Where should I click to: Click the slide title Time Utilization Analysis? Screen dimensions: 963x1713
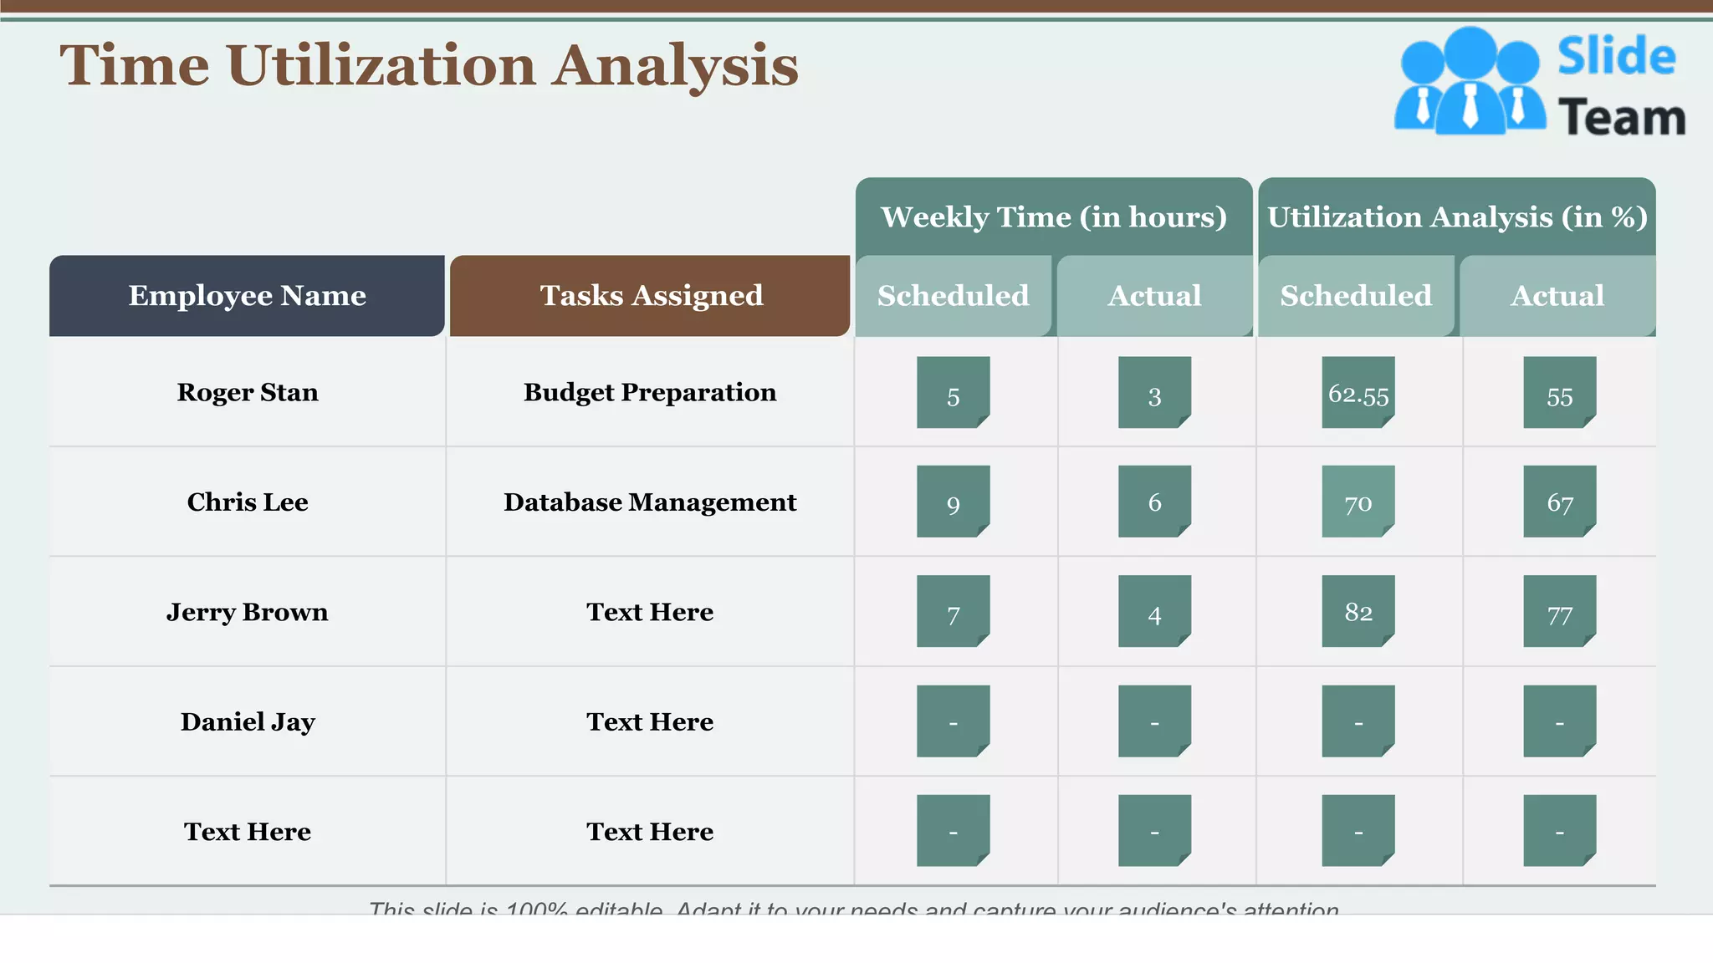pyautogui.click(x=428, y=65)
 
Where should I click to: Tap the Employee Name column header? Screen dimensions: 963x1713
pyautogui.click(x=247, y=296)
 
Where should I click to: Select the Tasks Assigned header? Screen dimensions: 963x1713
pyautogui.click(x=650, y=296)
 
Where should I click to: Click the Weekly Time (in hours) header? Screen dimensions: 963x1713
pyautogui.click(x=1053, y=217)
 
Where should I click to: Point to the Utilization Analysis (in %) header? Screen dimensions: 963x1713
pyautogui.click(x=1456, y=217)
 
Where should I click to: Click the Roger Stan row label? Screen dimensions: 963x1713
pyautogui.click(x=247, y=392)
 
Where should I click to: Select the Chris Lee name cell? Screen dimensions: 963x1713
pyautogui.click(x=247, y=502)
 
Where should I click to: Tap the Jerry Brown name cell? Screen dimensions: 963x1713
pyautogui.click(x=247, y=612)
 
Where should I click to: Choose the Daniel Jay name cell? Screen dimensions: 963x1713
pyautogui.click(x=247, y=721)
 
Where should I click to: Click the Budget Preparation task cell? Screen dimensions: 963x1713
pyautogui.click(x=650, y=392)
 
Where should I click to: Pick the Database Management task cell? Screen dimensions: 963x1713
pyautogui.click(x=650, y=502)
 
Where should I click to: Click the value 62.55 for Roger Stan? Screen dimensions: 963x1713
pyautogui.click(x=1358, y=394)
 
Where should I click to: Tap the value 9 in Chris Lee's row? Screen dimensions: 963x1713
pyautogui.click(x=953, y=503)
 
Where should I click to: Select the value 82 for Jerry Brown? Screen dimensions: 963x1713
pyautogui.click(x=1358, y=612)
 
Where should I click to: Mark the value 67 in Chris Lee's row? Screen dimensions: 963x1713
pyautogui.click(x=1559, y=502)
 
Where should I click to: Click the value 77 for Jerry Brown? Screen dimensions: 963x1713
pyautogui.click(x=1559, y=614)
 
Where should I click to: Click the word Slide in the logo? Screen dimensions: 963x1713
pyautogui.click(x=1616, y=57)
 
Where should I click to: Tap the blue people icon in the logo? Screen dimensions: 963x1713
pyautogui.click(x=1469, y=82)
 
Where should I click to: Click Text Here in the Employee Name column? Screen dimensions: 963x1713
pyautogui.click(x=247, y=832)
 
